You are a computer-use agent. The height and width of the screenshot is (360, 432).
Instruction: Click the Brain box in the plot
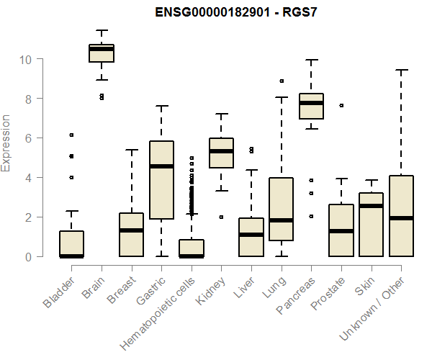pos(101,53)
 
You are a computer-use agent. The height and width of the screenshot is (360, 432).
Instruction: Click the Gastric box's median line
pos(161,166)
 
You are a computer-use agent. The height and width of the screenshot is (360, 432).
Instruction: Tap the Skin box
pos(371,224)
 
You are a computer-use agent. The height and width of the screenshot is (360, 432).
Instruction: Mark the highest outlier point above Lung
pos(282,81)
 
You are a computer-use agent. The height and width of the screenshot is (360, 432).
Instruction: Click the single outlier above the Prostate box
pos(341,105)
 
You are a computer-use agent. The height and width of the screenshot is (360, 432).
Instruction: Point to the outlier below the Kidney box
pos(221,217)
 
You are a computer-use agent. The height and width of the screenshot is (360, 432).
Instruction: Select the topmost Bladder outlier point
pos(71,135)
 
